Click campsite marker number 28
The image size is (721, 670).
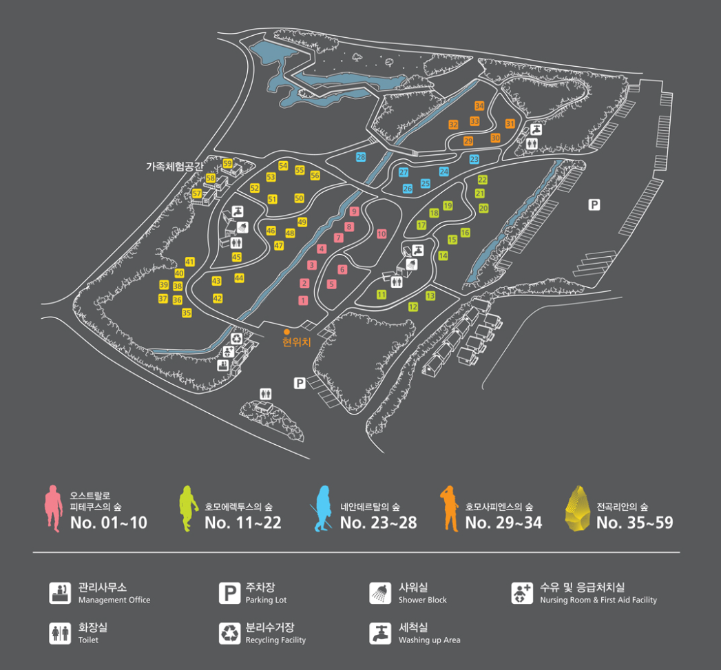tap(361, 157)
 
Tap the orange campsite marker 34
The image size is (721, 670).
tap(479, 105)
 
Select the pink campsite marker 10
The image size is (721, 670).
tap(382, 234)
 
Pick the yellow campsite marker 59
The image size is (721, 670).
tap(227, 163)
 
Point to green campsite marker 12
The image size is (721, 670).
tap(413, 306)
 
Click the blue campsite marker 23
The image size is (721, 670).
tap(474, 159)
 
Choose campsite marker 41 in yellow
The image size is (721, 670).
tap(190, 262)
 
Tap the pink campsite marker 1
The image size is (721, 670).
tap(303, 300)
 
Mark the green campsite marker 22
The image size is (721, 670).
tap(482, 180)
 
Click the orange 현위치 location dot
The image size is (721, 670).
tap(286, 332)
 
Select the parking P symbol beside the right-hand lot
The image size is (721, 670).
tap(594, 205)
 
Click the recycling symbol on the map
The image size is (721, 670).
tap(237, 338)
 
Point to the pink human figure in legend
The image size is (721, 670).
tap(53, 508)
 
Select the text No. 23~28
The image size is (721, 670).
tap(378, 523)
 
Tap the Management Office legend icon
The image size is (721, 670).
tap(60, 593)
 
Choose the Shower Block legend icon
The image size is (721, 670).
tap(379, 593)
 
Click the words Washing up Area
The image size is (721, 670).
tap(429, 640)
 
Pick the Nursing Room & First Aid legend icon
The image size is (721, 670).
tap(521, 593)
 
